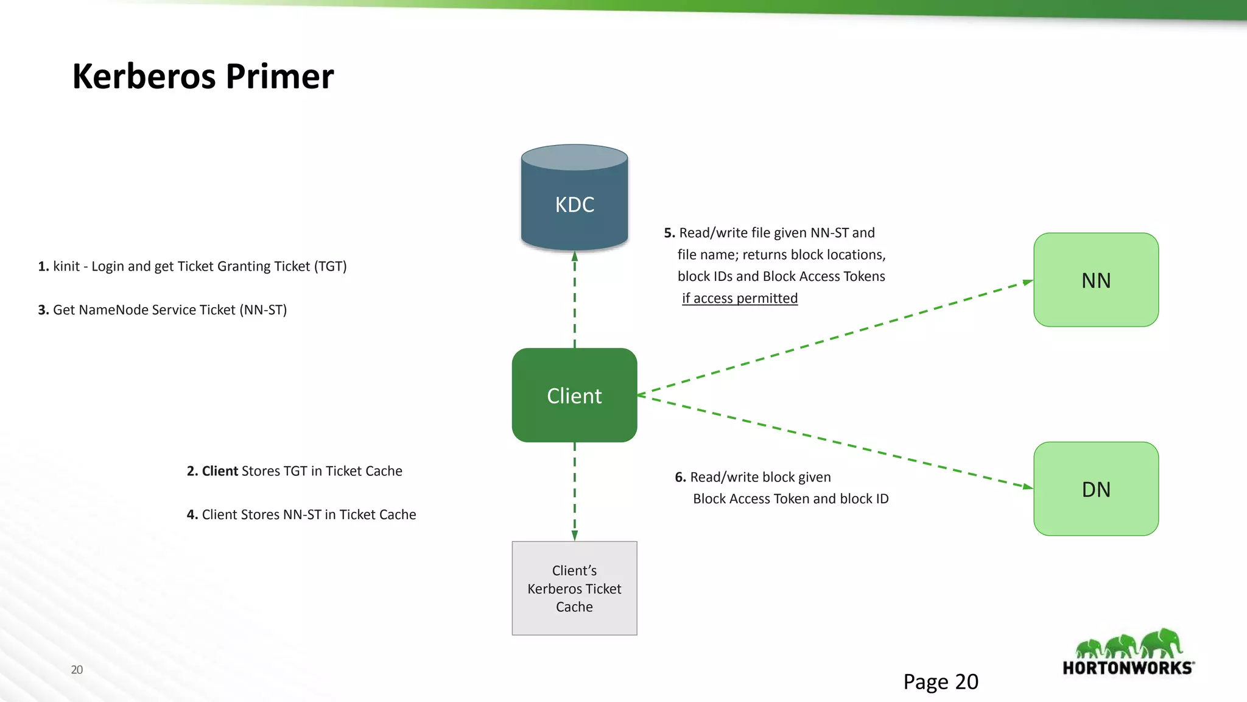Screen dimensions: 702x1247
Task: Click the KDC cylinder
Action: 574,198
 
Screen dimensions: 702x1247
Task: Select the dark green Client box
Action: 574,395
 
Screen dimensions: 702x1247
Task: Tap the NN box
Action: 1096,280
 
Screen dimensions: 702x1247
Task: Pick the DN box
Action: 1096,489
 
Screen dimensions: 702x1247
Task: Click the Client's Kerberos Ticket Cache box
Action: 574,588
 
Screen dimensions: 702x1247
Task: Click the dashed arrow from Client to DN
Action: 834,441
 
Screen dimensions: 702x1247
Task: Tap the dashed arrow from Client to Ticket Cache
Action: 574,491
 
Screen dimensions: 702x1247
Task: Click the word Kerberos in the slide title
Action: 144,77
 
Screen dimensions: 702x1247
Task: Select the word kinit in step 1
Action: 66,266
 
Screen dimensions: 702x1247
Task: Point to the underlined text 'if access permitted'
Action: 739,299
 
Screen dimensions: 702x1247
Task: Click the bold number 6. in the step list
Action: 680,477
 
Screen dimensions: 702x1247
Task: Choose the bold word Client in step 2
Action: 219,471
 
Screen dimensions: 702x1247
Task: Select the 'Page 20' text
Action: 940,681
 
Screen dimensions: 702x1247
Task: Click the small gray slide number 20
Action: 77,670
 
